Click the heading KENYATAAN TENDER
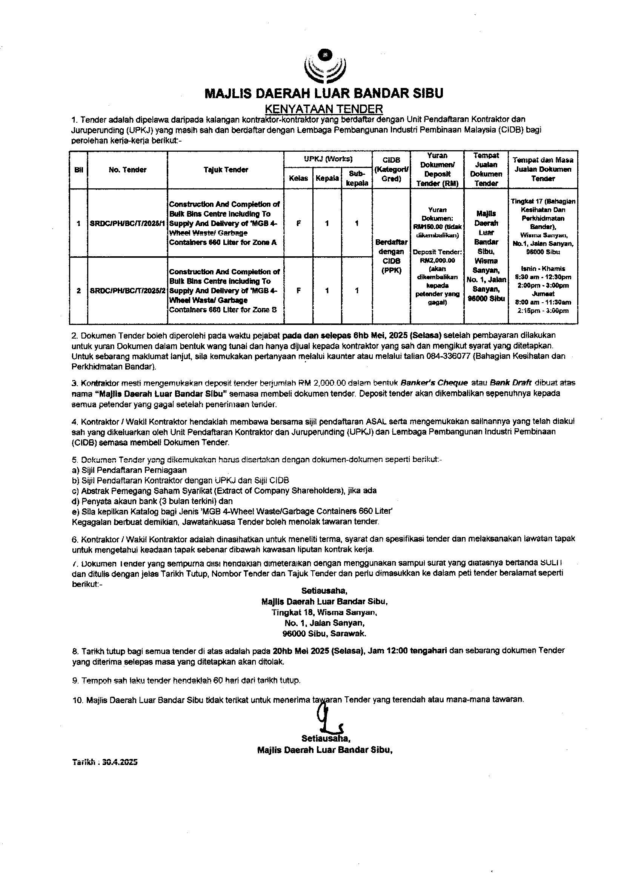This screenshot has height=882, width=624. pyautogui.click(x=324, y=108)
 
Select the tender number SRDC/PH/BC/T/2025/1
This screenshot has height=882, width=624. pyautogui.click(x=127, y=223)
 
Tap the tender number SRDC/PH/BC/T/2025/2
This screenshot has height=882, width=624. pyautogui.click(x=128, y=291)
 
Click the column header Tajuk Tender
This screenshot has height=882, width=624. pyautogui.click(x=226, y=169)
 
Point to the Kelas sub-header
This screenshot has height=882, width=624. pyautogui.click(x=298, y=178)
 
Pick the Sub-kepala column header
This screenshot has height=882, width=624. pyautogui.click(x=357, y=178)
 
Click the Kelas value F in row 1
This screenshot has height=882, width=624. pyautogui.click(x=298, y=223)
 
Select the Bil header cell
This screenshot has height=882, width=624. pyautogui.click(x=78, y=170)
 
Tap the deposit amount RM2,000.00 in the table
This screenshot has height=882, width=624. pyautogui.click(x=438, y=260)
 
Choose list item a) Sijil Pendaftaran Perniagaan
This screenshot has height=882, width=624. pyautogui.click(x=129, y=470)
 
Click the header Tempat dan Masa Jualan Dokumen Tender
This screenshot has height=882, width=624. pyautogui.click(x=543, y=169)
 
